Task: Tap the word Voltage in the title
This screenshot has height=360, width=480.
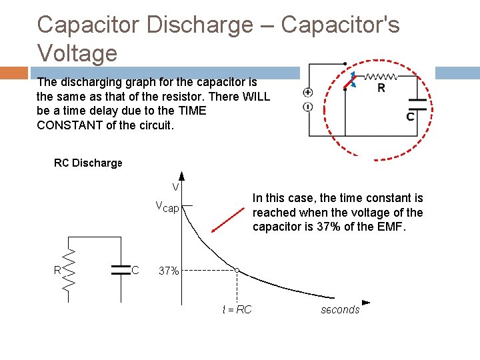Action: coord(77,52)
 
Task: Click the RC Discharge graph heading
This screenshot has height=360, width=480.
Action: coord(88,163)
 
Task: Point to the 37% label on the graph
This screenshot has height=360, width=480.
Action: coord(168,271)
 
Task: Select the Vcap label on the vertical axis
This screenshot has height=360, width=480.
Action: coord(167,207)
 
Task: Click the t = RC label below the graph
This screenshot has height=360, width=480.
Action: coord(237,309)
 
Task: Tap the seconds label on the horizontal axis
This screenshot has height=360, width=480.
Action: coord(340,309)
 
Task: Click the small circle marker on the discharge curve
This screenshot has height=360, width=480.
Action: coord(237,270)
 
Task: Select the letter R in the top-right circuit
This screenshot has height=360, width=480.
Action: coord(381,87)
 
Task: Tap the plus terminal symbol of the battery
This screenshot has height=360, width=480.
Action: coord(308,93)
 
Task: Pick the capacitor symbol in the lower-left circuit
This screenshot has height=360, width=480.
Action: coord(121,269)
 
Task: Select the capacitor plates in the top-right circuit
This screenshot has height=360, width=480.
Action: coord(418,103)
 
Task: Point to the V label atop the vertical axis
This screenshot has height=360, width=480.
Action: coord(175,187)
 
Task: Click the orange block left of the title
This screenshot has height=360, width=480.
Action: coord(13,73)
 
